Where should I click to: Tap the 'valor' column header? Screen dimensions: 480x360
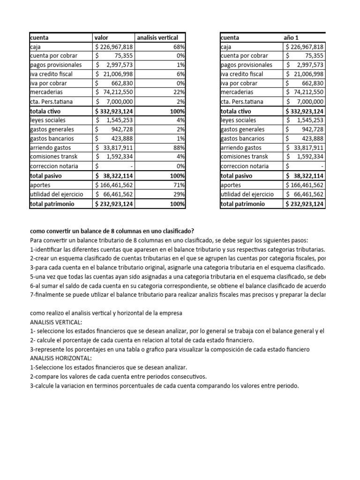(x=102, y=37)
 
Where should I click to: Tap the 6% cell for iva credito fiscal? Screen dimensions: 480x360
(x=180, y=74)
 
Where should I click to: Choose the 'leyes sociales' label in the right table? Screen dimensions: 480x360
(x=239, y=120)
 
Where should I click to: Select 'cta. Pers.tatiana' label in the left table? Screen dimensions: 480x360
(x=52, y=102)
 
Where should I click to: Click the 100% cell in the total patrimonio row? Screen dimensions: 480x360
(x=178, y=204)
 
